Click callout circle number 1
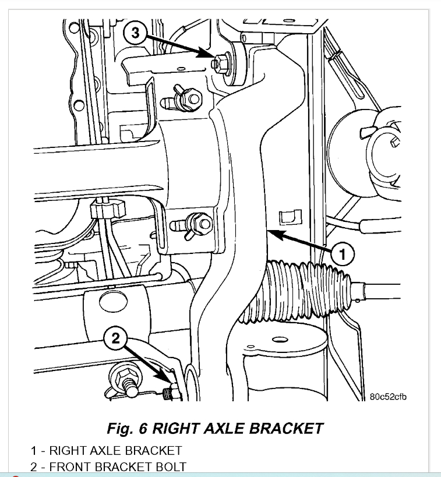pos(342,253)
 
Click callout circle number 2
pos(115,338)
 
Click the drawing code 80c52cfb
pos(387,397)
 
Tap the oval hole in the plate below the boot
pos(281,340)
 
